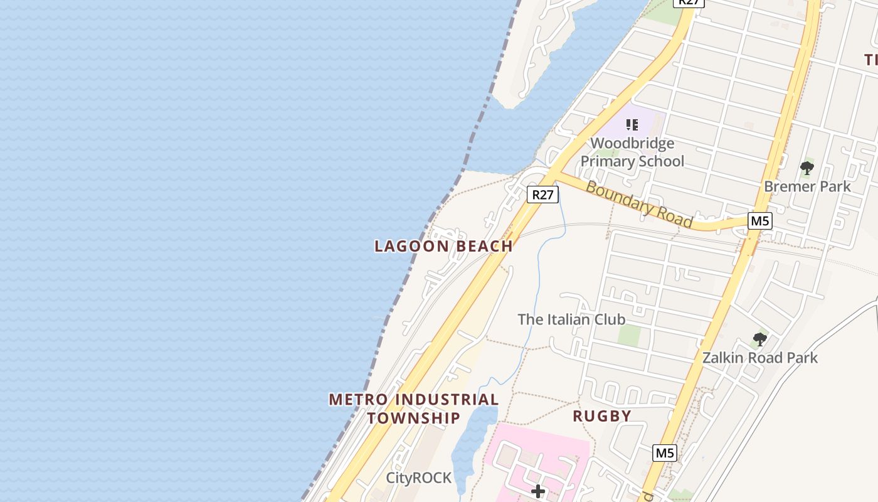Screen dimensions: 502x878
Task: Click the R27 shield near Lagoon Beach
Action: [542, 195]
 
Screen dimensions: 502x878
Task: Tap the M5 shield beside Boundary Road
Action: [760, 221]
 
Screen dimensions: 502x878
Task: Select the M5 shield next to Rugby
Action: [665, 453]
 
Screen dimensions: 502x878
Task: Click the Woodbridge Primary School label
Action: [632, 152]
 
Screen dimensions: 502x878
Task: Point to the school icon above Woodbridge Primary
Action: [632, 124]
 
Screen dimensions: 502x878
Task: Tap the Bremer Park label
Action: [807, 186]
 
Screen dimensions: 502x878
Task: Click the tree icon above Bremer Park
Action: [807, 168]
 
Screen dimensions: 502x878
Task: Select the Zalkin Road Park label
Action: [760, 358]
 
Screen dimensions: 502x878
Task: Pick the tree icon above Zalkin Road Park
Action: [760, 340]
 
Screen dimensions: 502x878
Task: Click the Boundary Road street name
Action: [640, 205]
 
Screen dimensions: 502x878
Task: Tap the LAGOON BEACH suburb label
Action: [444, 247]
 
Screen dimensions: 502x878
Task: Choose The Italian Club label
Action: [571, 319]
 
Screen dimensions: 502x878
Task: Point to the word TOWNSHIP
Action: [414, 418]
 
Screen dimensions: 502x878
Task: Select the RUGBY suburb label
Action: [602, 416]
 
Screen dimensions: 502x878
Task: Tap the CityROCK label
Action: [418, 478]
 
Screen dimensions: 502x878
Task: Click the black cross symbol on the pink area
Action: [538, 491]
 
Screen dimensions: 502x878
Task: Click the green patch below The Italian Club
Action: [629, 336]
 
